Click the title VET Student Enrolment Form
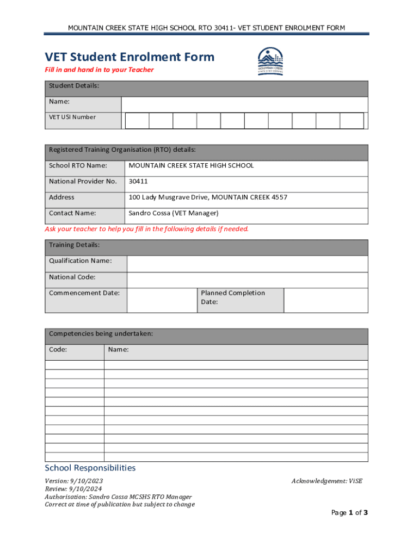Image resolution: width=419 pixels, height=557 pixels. (x=130, y=57)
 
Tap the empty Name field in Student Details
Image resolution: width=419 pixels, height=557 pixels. (x=244, y=104)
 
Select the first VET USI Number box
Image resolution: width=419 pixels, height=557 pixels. (x=137, y=121)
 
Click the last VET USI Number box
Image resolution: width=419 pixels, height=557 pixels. (x=352, y=121)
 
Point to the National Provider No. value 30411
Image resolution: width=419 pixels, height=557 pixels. (x=138, y=181)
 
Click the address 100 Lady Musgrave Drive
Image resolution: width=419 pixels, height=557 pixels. (x=207, y=197)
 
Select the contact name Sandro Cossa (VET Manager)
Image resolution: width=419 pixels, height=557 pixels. (x=173, y=213)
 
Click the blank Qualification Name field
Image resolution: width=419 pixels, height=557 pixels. (x=247, y=264)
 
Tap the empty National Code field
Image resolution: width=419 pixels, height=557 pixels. (x=247, y=280)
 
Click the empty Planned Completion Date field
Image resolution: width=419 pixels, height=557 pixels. (x=326, y=300)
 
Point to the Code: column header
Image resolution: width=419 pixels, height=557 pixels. (x=58, y=350)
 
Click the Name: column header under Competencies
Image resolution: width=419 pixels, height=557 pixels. (x=119, y=350)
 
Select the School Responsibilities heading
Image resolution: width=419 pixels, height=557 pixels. (x=90, y=468)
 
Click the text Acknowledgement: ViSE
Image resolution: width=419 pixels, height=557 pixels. (x=326, y=481)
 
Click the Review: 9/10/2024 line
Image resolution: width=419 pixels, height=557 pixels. (x=73, y=488)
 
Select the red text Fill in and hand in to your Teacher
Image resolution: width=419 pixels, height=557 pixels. (x=99, y=70)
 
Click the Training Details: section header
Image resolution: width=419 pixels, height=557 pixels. (x=75, y=245)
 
